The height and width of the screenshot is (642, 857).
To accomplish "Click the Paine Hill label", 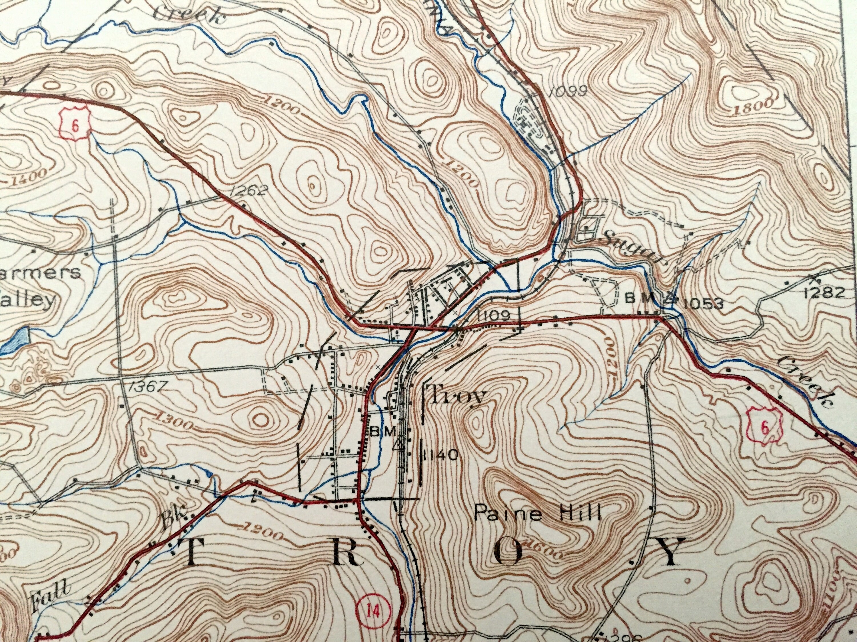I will tap(538, 514).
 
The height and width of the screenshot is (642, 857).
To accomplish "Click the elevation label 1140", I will tap(442, 455).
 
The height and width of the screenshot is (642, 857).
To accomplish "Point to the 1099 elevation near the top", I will tap(568, 91).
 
